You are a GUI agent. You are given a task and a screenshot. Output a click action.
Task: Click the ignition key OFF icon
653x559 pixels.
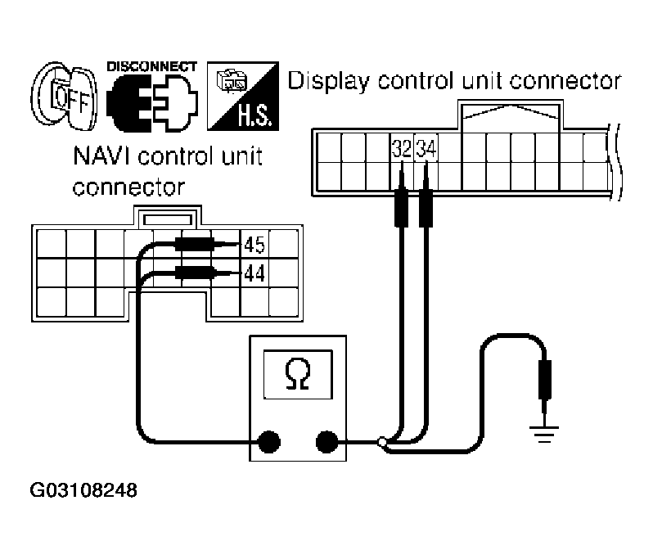[x=61, y=97]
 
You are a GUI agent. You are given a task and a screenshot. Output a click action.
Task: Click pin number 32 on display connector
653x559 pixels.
[x=401, y=150]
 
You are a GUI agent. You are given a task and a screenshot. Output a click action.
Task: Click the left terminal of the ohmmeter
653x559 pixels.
[x=267, y=443]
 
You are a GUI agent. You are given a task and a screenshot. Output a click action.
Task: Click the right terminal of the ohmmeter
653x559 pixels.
[x=326, y=443]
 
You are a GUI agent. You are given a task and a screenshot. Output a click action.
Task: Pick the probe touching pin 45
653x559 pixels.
[x=196, y=244]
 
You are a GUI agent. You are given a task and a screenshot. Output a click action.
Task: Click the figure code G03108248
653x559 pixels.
[x=83, y=492]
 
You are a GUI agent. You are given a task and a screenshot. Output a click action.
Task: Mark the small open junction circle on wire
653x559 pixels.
[x=382, y=443]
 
